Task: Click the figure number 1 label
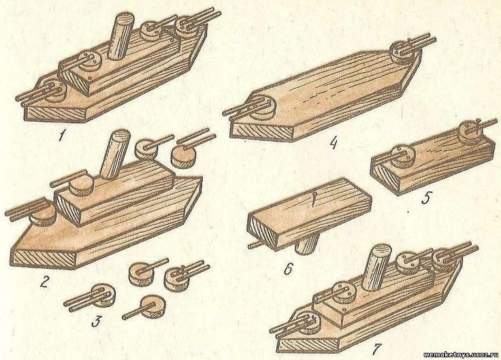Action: (61, 136)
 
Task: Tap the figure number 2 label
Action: (44, 282)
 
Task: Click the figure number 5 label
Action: (425, 198)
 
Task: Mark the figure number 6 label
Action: (287, 269)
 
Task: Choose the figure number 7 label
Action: (376, 349)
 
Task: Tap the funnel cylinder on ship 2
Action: (114, 154)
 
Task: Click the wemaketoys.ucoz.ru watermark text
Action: (461, 355)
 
